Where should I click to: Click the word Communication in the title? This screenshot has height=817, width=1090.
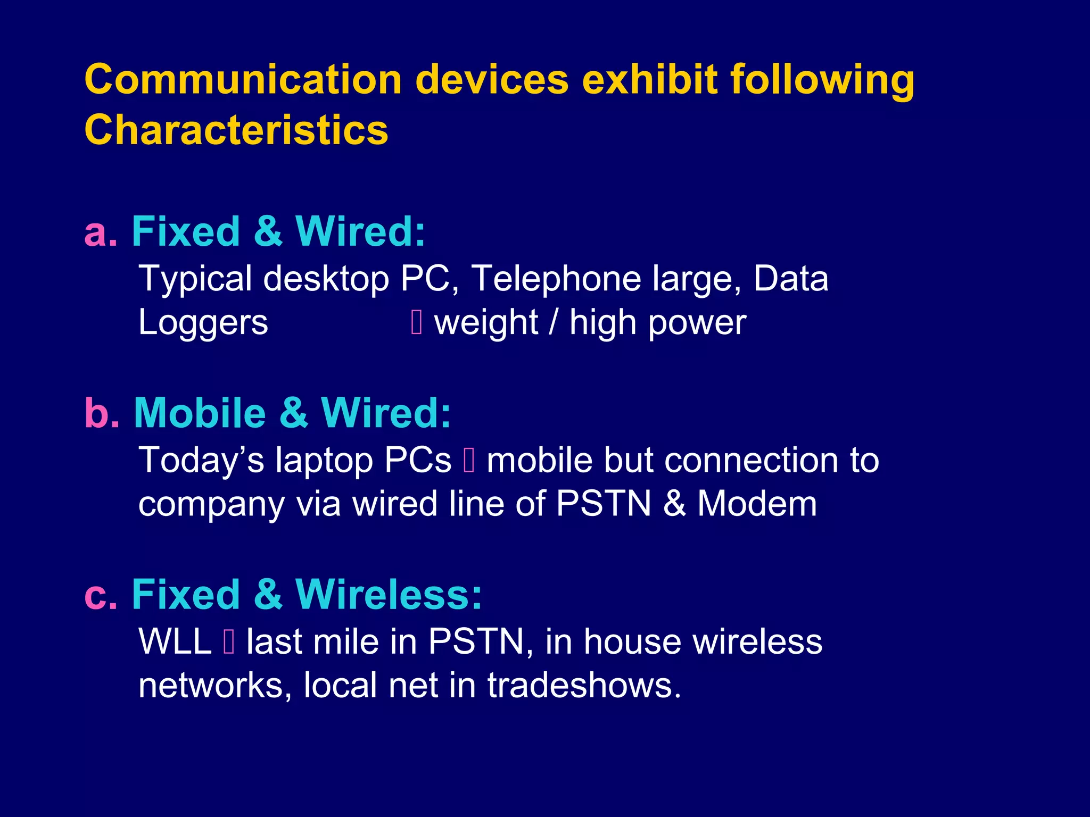point(243,80)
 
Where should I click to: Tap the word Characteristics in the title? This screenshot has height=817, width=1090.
point(236,130)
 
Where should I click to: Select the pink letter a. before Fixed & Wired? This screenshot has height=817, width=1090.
point(100,232)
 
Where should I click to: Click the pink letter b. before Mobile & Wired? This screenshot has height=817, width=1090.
point(102,413)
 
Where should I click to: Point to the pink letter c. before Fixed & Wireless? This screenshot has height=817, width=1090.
point(100,595)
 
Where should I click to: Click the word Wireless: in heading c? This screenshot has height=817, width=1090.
point(389,595)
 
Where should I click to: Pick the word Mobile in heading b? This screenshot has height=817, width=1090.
point(200,413)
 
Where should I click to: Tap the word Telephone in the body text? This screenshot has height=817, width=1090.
point(556,279)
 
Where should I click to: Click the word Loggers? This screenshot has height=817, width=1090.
point(203,323)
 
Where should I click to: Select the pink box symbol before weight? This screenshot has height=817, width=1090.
point(417,322)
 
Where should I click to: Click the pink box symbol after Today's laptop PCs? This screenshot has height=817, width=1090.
point(469,460)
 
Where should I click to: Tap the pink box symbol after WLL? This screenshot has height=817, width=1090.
point(229,641)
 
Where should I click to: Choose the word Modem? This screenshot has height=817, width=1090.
point(757,504)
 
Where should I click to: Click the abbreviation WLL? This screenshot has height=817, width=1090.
point(175,641)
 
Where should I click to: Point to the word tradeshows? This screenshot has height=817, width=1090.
point(584,685)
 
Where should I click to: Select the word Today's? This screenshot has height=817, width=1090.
point(201,460)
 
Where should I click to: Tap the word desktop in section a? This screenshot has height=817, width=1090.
point(326,279)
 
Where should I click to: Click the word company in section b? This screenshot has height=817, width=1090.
point(211,504)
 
